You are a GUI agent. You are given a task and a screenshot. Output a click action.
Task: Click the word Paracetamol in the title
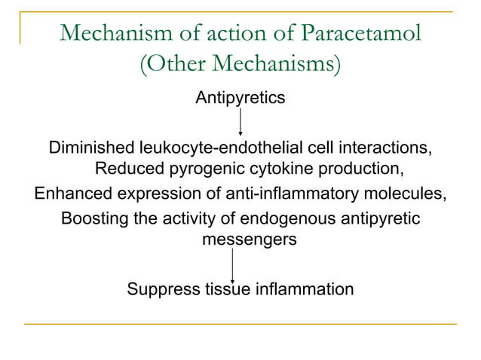tap(360, 35)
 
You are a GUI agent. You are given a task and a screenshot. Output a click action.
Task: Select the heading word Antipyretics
tap(240, 98)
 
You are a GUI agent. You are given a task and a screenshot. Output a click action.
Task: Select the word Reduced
tap(124, 167)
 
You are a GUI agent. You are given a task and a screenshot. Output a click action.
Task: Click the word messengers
tap(250, 240)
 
